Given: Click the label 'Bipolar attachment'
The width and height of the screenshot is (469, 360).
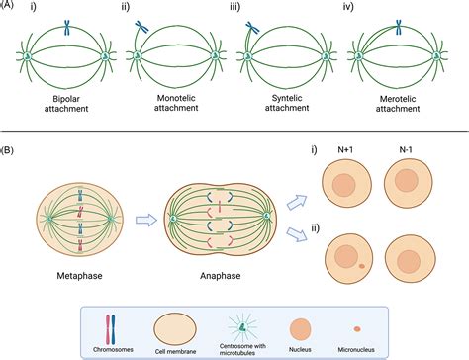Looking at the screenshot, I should pyautogui.click(x=62, y=104).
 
